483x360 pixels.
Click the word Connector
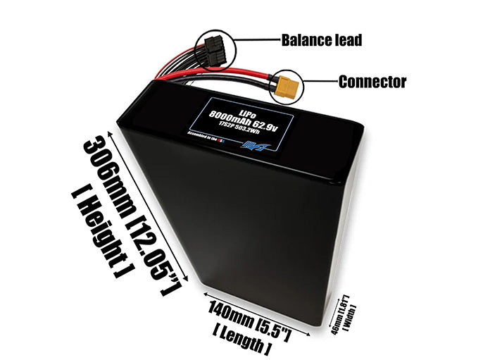[x=372, y=82]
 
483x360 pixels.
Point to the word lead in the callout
[x=346, y=40]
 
